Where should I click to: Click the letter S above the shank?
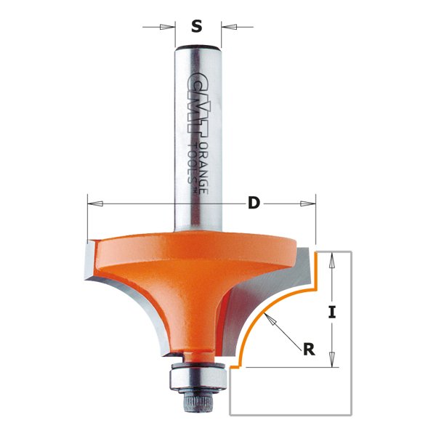pyautogui.click(x=196, y=28)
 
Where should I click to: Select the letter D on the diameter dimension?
pyautogui.click(x=253, y=203)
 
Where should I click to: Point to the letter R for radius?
pyautogui.click(x=308, y=350)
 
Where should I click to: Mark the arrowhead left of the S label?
pyautogui.click(x=171, y=28)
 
